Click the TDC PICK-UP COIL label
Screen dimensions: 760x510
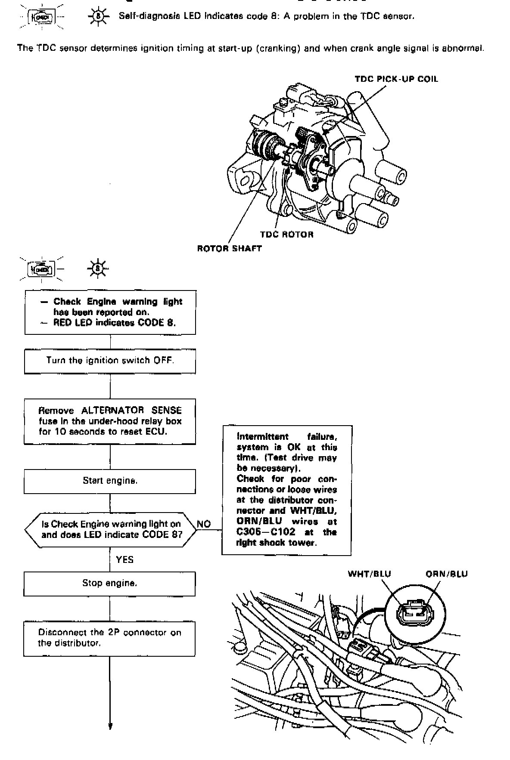(x=396, y=79)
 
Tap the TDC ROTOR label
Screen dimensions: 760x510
(x=286, y=235)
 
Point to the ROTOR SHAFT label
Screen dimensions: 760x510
(x=229, y=248)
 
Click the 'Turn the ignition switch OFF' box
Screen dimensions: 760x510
(x=110, y=361)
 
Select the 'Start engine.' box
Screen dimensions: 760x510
(x=110, y=481)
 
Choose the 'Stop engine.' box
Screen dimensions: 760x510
(x=109, y=584)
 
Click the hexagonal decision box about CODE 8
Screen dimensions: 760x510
(x=110, y=529)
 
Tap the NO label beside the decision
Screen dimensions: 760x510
(x=204, y=524)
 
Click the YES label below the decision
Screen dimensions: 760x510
(x=124, y=559)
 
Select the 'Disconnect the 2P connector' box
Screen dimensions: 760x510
(x=109, y=638)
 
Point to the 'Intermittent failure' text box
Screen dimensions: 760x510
(x=287, y=490)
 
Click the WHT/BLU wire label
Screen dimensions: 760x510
(x=369, y=574)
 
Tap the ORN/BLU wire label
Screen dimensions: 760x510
(x=446, y=574)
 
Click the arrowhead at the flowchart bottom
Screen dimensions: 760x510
(x=110, y=726)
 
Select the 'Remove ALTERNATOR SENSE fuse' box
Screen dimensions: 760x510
(x=110, y=421)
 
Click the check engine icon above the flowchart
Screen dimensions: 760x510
(x=41, y=270)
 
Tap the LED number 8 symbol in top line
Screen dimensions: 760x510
(x=98, y=17)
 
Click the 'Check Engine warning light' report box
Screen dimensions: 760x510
(x=110, y=312)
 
